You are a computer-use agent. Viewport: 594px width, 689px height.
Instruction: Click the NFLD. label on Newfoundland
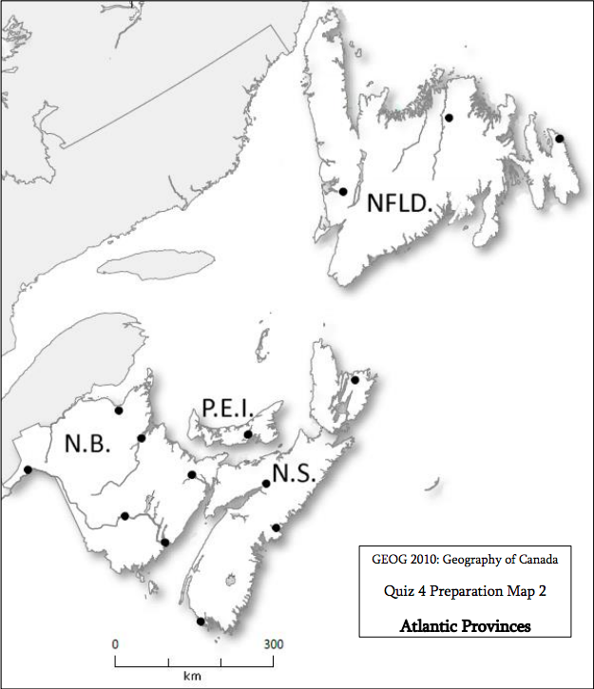coord(400,203)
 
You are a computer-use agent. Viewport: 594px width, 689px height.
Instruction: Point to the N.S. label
coord(295,473)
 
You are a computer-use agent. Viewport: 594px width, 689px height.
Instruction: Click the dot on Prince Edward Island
coord(248,434)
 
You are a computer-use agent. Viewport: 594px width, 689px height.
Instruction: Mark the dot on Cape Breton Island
coord(354,380)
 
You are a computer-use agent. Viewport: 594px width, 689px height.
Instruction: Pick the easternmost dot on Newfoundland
coord(560,139)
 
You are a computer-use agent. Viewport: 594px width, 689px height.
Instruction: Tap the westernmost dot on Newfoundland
coord(343,192)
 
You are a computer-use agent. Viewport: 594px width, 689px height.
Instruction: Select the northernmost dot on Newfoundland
coord(449,118)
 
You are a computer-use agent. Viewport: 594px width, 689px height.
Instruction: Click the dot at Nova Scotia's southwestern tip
coord(201,622)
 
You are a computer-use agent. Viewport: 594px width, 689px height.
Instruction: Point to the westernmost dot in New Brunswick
coord(29,469)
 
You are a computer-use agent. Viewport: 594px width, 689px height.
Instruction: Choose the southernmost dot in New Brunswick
coord(165,543)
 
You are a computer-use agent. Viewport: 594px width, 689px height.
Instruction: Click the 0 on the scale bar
coord(115,644)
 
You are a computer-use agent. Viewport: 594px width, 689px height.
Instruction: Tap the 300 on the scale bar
coord(274,644)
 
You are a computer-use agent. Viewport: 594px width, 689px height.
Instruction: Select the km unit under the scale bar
coord(194,677)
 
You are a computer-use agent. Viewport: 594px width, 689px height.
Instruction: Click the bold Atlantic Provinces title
coord(465,626)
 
